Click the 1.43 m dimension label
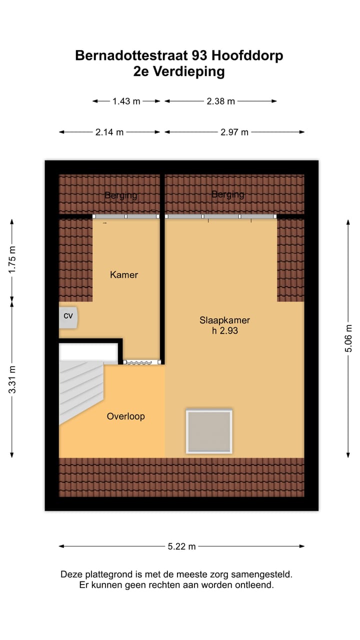coord(126,101)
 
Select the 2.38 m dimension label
coord(220,101)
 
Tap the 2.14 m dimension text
coord(109,132)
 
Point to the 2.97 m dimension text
coord(234,132)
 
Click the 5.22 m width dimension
coord(181,546)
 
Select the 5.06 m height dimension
coord(348,343)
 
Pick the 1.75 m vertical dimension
coord(12,259)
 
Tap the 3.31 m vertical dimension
coord(12,379)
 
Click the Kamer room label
coord(124,274)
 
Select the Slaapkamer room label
coord(224,320)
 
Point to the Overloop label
coord(126,416)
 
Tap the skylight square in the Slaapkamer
coord(209,431)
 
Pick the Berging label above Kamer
coord(121,195)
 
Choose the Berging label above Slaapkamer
coord(228,194)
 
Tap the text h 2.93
coord(224,330)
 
